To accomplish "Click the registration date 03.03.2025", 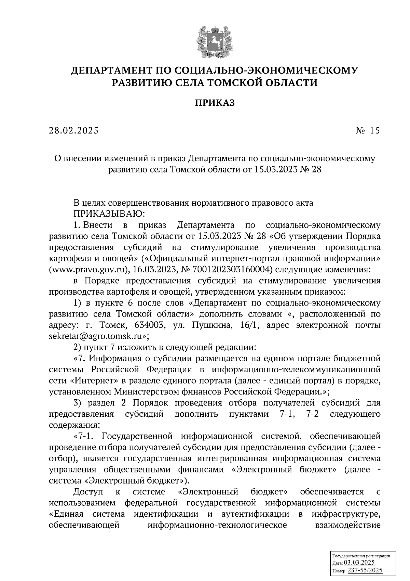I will coord(359,563).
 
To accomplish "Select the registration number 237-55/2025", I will coord(365,570).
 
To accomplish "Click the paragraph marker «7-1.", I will coord(85,436).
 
